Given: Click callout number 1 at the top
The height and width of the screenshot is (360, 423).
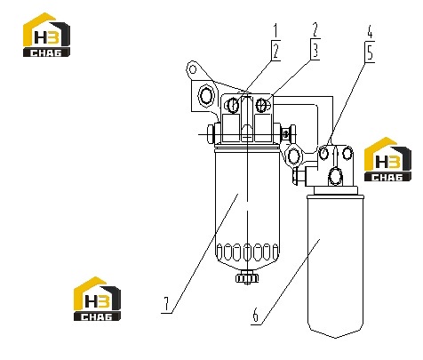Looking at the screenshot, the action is tap(275, 31).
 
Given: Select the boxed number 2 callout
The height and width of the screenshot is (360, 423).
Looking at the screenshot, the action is tap(276, 51).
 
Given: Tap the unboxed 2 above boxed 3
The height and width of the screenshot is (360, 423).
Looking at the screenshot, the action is tap(315, 30).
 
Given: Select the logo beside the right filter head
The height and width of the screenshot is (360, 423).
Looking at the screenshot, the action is tap(387, 159).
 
